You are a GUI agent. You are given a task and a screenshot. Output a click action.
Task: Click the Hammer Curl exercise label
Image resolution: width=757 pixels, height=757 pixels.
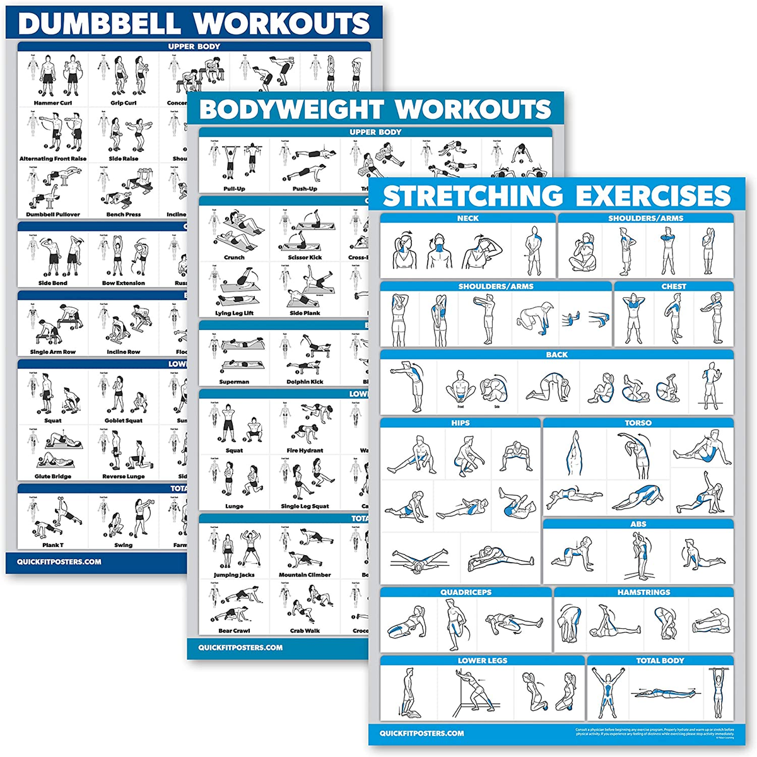point(53,103)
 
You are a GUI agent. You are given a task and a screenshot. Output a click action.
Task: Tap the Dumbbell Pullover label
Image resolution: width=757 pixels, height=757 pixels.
point(53,214)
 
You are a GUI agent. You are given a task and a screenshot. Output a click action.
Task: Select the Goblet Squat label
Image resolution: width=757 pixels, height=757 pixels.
point(124,421)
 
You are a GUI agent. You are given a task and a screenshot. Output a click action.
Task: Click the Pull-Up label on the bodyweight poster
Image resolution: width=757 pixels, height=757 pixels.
point(234,189)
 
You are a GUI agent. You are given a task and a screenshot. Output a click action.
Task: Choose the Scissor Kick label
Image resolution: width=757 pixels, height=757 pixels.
point(305,257)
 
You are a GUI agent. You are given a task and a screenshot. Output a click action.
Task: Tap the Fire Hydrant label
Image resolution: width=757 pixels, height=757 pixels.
point(305,450)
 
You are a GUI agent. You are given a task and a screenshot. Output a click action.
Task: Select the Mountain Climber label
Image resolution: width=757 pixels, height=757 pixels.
point(305,575)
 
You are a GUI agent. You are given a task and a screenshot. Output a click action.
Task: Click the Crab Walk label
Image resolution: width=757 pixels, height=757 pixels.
point(305,631)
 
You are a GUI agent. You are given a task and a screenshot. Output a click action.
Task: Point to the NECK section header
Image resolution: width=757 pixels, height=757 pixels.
point(467,218)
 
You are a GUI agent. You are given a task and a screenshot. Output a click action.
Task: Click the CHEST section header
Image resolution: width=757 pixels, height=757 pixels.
point(674,286)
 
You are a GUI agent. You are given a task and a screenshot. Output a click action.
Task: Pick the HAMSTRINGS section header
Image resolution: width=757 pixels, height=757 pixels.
point(643,592)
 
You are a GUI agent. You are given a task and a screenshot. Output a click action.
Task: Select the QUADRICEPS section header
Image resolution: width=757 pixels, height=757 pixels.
point(466,592)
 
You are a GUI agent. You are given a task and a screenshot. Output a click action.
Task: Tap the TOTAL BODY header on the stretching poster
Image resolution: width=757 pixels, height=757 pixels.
point(660,660)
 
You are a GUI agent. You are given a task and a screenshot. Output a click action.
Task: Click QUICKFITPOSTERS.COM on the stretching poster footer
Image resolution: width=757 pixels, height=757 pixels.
point(421,733)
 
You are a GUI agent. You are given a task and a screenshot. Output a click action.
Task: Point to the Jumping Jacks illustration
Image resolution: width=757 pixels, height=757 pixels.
point(234,549)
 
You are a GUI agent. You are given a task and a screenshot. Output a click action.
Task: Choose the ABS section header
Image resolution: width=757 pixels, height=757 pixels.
point(638,524)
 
